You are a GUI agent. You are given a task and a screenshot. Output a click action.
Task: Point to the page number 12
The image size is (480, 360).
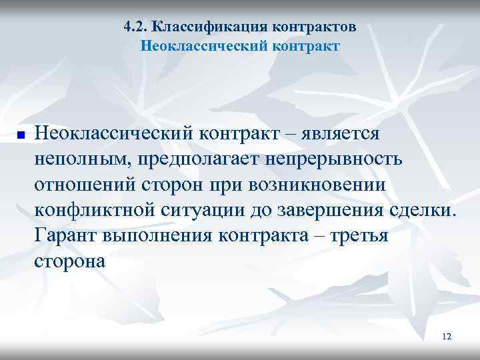[x=446, y=337]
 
